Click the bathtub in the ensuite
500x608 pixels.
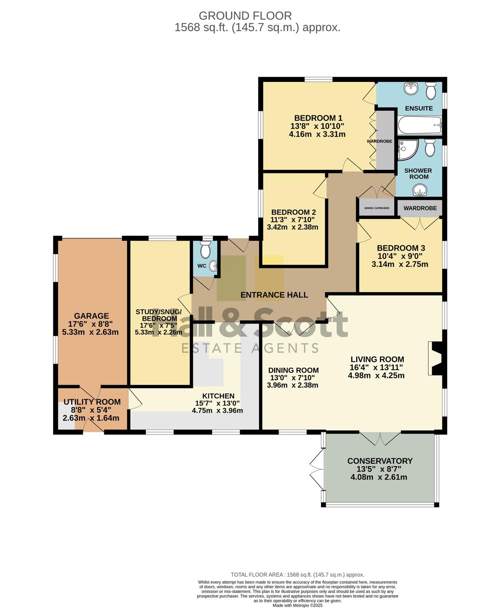pos(419,125)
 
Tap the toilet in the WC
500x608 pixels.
pos(205,250)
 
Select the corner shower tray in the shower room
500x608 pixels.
pos(408,150)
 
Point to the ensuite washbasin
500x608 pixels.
pos(411,89)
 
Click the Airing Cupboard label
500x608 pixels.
pos(377,208)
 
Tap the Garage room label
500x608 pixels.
pos(91,316)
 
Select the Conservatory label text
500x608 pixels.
pos(380,461)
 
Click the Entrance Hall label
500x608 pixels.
pos(274,295)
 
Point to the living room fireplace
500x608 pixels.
pos(435,358)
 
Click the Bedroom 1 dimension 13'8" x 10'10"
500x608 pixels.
pos(317,126)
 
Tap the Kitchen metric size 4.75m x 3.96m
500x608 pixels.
pos(217,411)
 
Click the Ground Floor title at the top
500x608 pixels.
pos(245,15)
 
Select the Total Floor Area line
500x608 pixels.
pos(298,575)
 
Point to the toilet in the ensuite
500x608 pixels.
pos(431,90)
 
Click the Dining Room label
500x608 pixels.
pos(294,370)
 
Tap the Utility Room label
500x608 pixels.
pos(92,402)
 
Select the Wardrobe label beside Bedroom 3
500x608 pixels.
pos(420,208)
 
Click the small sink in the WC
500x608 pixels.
pos(213,266)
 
